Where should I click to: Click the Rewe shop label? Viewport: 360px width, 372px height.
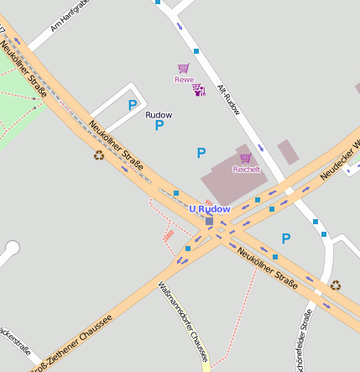(x=184, y=80)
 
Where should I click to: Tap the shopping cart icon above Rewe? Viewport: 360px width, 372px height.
(x=183, y=68)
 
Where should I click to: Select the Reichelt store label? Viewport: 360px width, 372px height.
(x=246, y=169)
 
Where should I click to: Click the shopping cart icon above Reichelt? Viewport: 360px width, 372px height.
(x=245, y=157)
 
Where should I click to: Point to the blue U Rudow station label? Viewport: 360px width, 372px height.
(x=209, y=209)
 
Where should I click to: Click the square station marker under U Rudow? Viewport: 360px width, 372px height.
(x=209, y=222)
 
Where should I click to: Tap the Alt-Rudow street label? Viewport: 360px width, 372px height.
(x=229, y=98)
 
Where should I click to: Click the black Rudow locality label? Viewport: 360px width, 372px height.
(x=159, y=114)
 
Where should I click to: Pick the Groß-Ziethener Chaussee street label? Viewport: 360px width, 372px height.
(x=70, y=344)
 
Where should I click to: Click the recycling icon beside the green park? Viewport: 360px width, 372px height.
(x=99, y=155)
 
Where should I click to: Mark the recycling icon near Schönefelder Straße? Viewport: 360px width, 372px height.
(x=336, y=285)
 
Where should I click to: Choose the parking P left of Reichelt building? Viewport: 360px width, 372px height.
(x=201, y=153)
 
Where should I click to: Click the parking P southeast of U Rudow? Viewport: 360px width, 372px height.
(x=286, y=238)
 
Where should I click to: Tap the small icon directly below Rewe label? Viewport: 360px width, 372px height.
(x=199, y=90)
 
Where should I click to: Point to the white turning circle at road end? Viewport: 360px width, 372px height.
(x=12, y=248)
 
